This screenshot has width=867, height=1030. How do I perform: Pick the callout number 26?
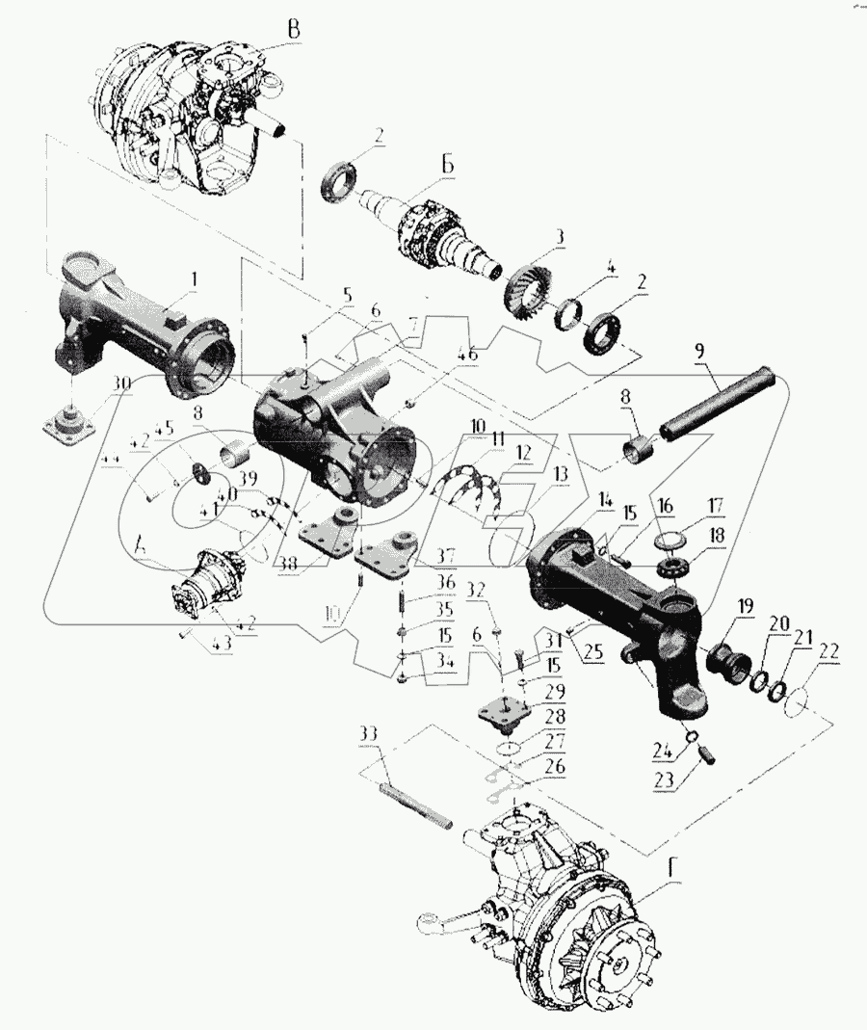[553, 768]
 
